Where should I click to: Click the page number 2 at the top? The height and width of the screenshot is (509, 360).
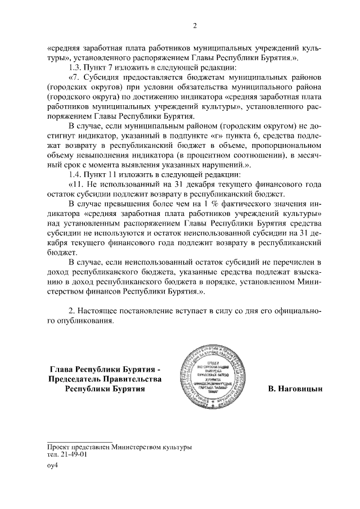(x=194, y=25)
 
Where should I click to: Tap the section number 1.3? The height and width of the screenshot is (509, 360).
(x=75, y=67)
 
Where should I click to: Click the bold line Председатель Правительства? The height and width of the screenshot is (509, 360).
(x=105, y=379)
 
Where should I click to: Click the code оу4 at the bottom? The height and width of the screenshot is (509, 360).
(x=53, y=466)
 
